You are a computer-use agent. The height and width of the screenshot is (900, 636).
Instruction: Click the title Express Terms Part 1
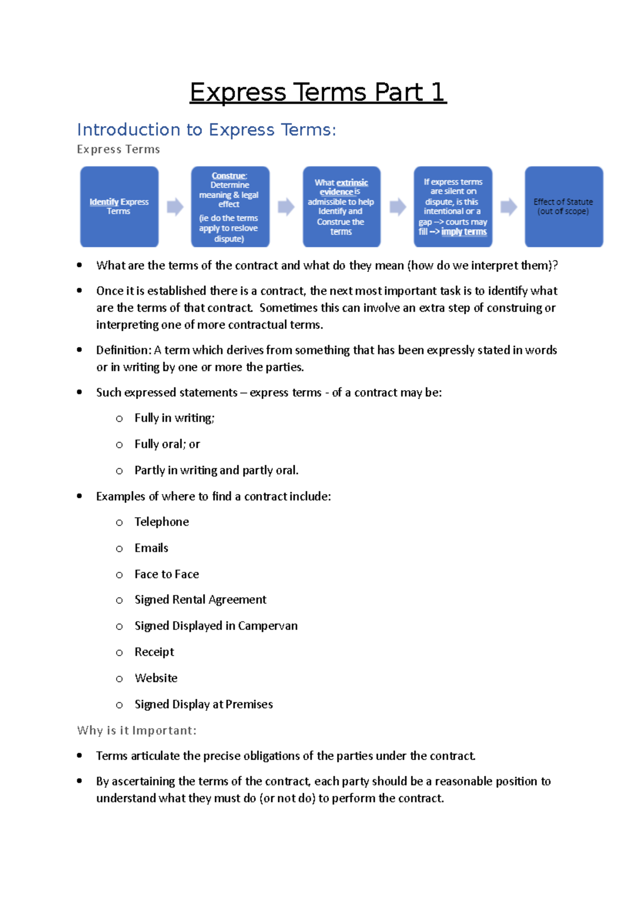[318, 92]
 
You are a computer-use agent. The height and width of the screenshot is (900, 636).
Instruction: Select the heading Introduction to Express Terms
[206, 130]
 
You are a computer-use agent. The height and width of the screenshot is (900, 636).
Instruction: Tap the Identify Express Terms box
[119, 207]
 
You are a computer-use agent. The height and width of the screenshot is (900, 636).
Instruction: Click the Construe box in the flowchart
[230, 207]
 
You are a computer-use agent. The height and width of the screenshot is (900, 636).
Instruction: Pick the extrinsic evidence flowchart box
[341, 207]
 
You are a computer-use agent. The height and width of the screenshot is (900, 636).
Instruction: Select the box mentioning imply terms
[453, 207]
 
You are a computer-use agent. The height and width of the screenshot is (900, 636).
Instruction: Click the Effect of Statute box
[563, 207]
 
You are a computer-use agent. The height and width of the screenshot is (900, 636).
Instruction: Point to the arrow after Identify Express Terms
[175, 207]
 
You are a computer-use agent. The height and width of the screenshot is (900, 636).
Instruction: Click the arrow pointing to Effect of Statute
[508, 207]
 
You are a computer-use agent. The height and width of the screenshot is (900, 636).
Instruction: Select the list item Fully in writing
[174, 418]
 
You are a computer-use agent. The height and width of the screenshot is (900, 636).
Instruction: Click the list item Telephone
[162, 522]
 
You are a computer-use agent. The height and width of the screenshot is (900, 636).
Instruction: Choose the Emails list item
[152, 548]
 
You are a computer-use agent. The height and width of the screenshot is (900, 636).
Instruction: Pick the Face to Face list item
[166, 574]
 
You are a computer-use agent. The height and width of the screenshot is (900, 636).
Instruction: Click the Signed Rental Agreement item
[200, 600]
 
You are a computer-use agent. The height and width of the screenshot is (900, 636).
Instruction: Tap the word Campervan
[268, 626]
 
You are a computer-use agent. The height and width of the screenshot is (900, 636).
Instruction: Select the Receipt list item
[154, 652]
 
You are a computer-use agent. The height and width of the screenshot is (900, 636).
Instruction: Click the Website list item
[156, 678]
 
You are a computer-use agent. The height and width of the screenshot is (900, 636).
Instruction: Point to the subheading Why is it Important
[137, 730]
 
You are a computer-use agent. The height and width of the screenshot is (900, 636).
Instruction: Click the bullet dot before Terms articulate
[79, 756]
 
